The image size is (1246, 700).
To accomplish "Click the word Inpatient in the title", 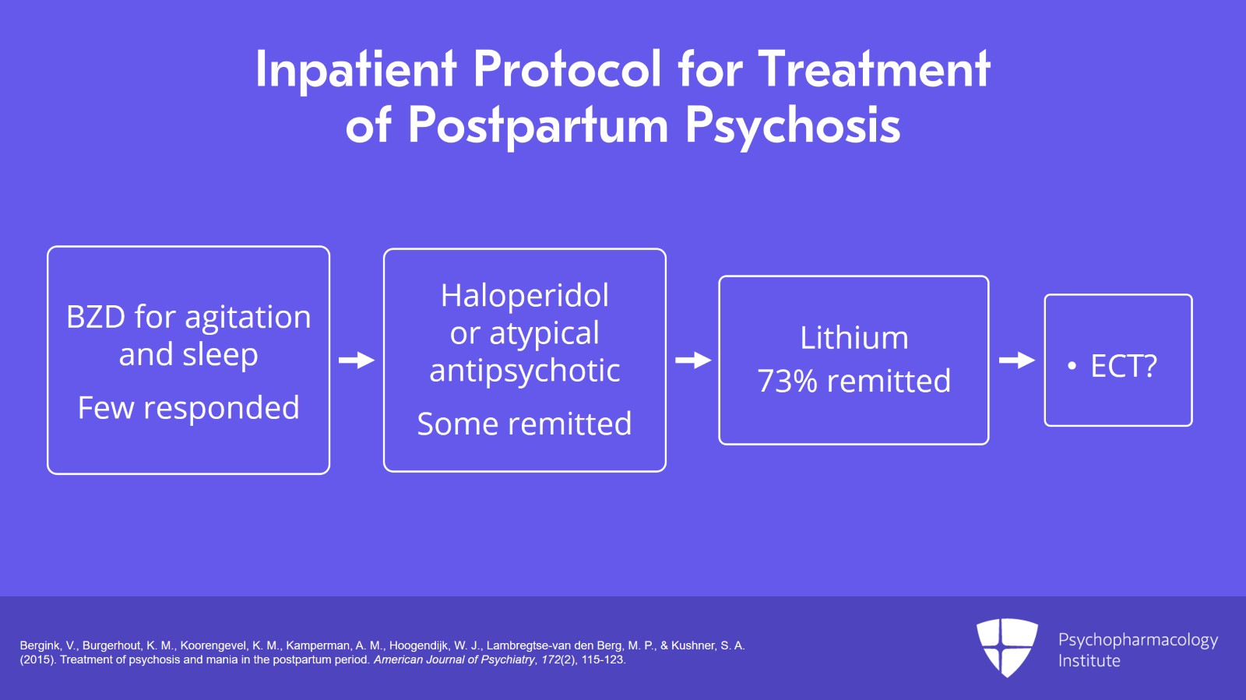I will [x=355, y=70].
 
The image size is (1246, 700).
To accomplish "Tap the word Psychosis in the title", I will [x=792, y=126].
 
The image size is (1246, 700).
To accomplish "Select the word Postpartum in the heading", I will [x=538, y=126].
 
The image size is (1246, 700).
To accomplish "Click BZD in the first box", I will [x=96, y=318].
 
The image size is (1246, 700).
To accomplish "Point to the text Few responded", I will [x=188, y=408].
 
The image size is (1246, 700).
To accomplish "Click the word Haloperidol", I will [x=524, y=296].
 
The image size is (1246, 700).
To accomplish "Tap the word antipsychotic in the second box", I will [x=524, y=371].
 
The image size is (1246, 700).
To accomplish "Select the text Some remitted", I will [x=524, y=424].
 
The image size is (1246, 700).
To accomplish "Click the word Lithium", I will [x=854, y=338].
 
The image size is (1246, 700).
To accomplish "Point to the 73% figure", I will [x=787, y=382].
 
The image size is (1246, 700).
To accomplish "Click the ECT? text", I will [x=1123, y=366].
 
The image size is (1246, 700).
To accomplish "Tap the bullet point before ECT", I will [x=1072, y=366].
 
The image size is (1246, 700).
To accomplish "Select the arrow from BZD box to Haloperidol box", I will [x=357, y=361].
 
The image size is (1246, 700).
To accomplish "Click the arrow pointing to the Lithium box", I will [x=692, y=361].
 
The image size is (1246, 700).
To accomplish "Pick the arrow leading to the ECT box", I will [x=1016, y=361].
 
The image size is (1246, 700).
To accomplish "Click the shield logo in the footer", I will [x=1007, y=646].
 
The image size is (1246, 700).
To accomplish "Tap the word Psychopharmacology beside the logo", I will [x=1137, y=640].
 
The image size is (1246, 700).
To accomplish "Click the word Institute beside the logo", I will [x=1089, y=661].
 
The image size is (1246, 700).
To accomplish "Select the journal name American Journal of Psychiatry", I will [x=454, y=660].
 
